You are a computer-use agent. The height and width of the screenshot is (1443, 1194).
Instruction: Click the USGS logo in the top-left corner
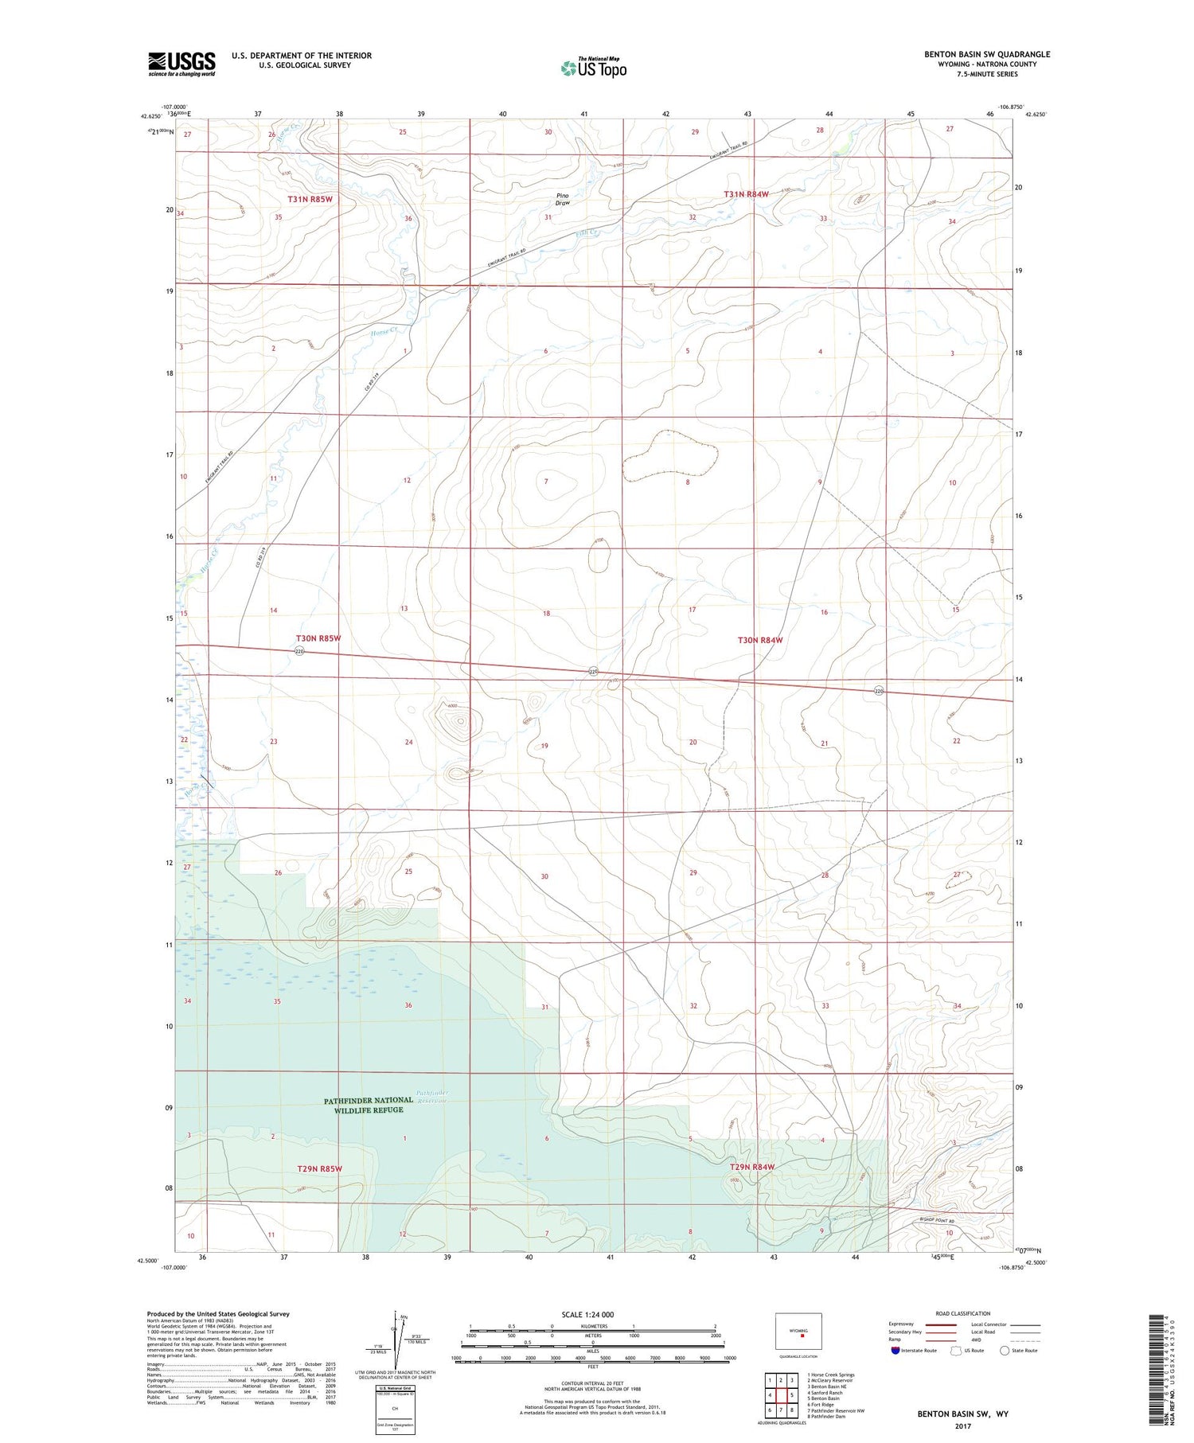181,64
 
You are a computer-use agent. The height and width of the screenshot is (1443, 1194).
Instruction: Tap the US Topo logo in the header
593,68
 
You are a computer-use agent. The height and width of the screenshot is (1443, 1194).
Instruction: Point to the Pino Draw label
563,199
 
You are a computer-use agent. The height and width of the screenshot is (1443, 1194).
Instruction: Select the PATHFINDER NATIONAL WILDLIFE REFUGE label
368,1105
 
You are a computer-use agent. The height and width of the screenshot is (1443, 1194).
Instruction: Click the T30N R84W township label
760,640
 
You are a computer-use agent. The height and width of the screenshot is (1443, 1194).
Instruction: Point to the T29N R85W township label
319,1168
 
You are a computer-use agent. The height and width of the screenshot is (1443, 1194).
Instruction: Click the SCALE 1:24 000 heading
592,1314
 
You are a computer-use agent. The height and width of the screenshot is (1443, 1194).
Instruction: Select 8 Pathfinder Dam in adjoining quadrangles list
826,1417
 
